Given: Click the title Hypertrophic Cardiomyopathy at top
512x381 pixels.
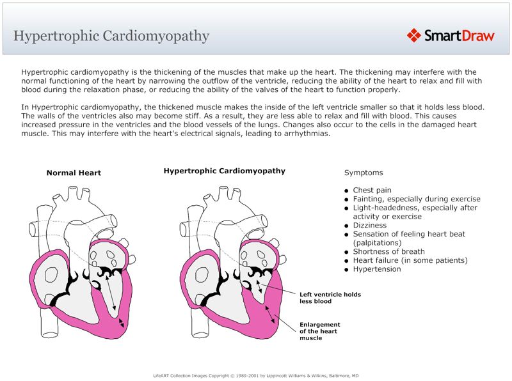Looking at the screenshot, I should click(111, 35).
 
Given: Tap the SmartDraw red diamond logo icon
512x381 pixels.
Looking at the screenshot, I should click(414, 35).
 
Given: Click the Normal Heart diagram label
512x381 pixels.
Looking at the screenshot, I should click(74, 173).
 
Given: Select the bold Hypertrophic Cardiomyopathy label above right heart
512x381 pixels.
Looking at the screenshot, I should click(224, 171).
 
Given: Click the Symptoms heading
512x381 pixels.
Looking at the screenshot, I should click(364, 173).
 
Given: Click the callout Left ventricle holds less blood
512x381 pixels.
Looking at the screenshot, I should click(330, 297).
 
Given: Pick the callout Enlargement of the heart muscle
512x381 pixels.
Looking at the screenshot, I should click(320, 331).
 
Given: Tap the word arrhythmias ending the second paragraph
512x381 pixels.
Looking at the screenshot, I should click(304, 134).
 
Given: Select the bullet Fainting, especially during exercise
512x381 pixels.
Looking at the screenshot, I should click(416, 199).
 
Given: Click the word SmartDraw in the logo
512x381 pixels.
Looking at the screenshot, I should click(459, 36).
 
